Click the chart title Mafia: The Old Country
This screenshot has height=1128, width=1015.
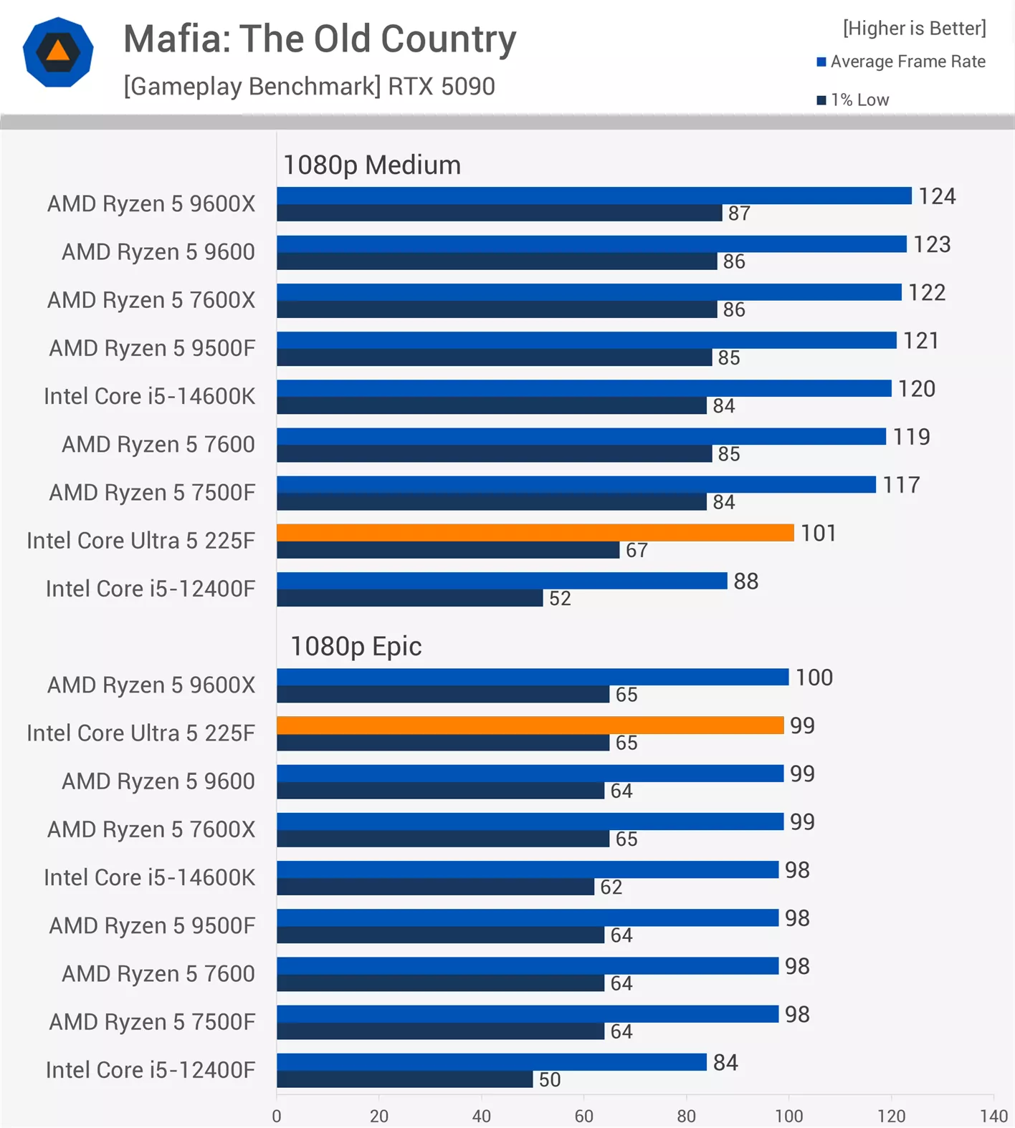point(320,39)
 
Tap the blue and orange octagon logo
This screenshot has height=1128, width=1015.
point(58,52)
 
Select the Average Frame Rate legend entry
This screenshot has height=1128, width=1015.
point(901,62)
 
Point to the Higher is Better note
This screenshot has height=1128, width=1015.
point(914,28)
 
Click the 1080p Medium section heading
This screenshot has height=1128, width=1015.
point(372,165)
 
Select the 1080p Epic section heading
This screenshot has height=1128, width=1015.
point(356,647)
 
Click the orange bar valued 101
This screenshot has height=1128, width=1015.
point(535,533)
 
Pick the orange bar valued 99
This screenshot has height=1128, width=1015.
point(530,726)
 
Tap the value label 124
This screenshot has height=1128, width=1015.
point(937,196)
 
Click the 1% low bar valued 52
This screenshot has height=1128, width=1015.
point(409,598)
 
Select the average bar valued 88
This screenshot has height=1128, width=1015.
point(502,581)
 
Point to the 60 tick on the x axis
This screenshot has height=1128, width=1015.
point(583,1116)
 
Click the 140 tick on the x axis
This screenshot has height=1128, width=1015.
point(993,1116)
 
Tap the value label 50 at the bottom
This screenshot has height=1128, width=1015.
point(550,1079)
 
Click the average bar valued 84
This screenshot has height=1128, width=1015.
point(492,1062)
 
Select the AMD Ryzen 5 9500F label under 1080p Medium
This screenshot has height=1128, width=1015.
point(152,348)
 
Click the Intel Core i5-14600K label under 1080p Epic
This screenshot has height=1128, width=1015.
point(149,877)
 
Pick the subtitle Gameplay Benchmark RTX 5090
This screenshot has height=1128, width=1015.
point(309,87)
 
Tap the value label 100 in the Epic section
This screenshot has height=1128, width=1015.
point(814,678)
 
